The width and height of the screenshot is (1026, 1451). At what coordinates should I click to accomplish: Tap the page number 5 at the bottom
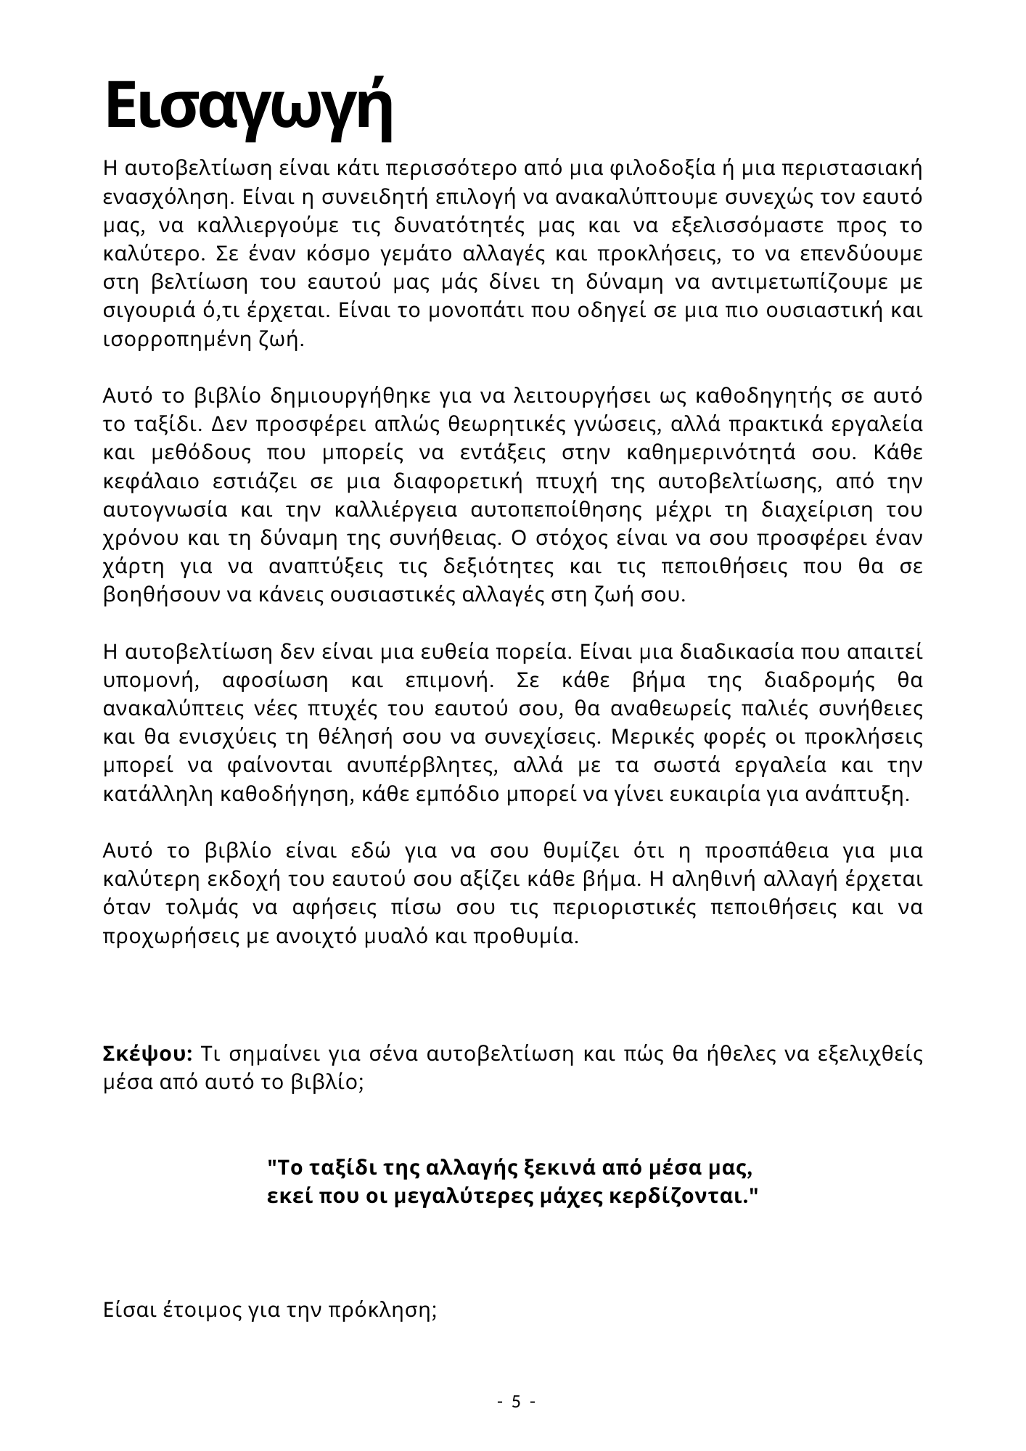coord(516,1401)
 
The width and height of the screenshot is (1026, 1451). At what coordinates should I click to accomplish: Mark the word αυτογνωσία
coord(155,510)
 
